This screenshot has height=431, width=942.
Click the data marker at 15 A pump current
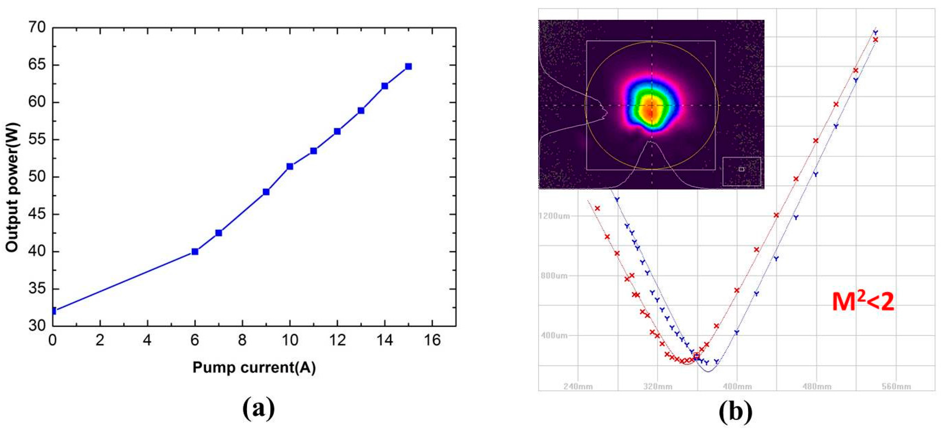coord(408,67)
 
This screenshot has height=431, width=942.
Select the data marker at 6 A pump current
coord(195,251)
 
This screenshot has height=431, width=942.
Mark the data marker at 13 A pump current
coord(361,110)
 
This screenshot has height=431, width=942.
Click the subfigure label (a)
coord(258,409)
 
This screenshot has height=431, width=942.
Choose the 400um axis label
coord(554,336)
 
